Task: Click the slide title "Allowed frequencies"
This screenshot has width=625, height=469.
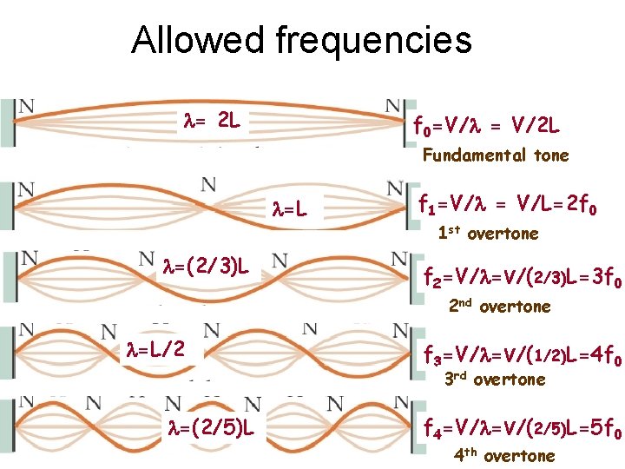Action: (301, 41)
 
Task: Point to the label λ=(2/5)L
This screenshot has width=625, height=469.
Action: (211, 428)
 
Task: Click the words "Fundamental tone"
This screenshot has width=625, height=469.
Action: (495, 156)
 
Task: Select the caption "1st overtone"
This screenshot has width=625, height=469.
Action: (487, 234)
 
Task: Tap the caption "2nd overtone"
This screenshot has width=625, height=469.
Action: (499, 306)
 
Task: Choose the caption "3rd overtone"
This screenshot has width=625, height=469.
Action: (495, 380)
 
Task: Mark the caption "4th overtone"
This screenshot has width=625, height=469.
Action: (504, 456)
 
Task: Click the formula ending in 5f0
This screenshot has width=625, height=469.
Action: (521, 428)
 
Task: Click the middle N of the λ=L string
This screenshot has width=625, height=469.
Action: (208, 184)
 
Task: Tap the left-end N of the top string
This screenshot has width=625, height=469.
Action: (27, 106)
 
